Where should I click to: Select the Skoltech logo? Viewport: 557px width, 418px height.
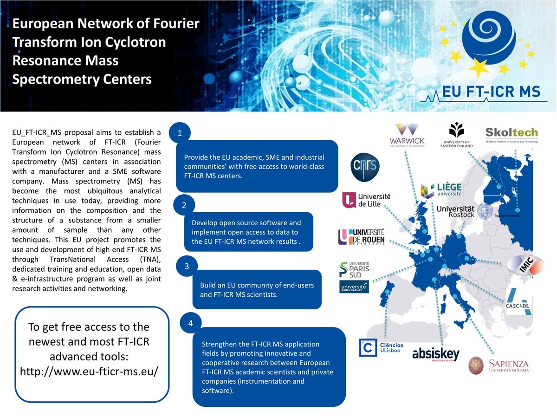tap(511, 135)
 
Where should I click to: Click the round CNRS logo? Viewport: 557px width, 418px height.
tap(365, 168)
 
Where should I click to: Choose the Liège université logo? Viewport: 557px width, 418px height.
tap(441, 190)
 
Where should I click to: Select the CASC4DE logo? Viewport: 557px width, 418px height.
tap(519, 301)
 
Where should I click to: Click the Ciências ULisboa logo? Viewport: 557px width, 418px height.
tap(382, 348)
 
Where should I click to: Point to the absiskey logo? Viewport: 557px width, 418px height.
tap(436, 355)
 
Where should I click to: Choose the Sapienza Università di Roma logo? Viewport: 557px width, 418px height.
tap(499, 365)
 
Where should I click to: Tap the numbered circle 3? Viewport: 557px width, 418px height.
tap(187, 267)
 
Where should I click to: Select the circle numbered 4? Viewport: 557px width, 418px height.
tap(191, 323)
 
